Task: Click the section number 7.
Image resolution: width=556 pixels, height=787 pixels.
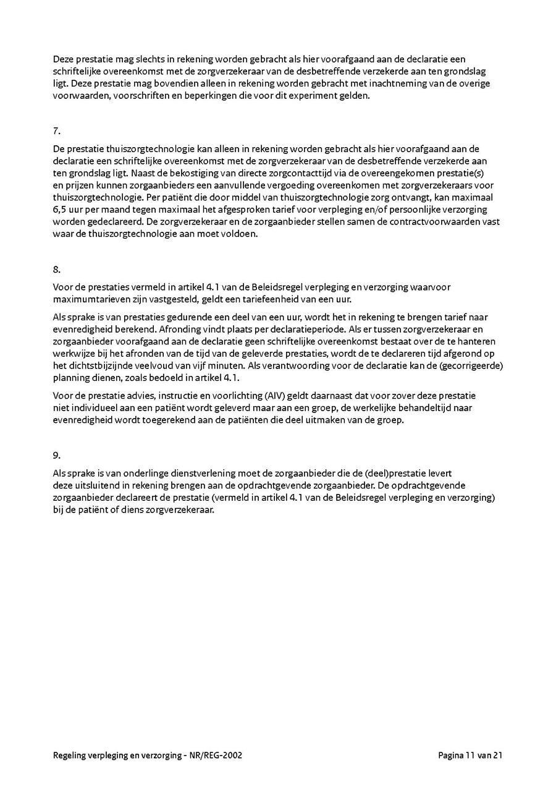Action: tap(56, 131)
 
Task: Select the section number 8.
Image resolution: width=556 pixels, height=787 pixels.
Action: tap(56, 270)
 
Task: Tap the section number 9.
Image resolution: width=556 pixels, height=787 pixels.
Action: tap(56, 455)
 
